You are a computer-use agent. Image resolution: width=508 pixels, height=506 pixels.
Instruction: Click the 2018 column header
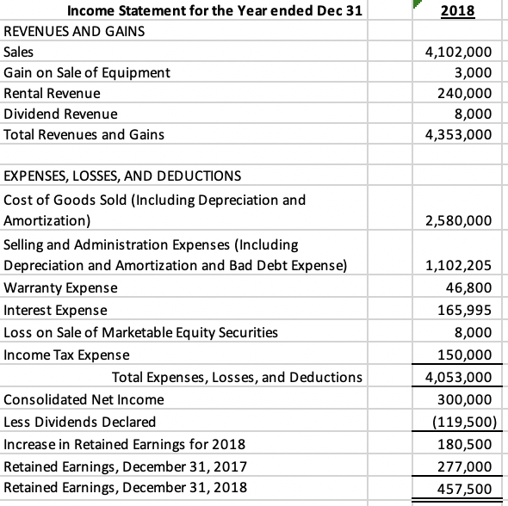tap(458, 11)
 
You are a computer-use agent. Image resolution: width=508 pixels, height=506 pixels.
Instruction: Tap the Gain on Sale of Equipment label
tap(87, 72)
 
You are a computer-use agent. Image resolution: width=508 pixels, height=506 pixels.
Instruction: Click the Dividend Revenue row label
tap(61, 114)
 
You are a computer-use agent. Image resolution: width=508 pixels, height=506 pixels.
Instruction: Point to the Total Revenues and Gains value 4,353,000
tap(459, 134)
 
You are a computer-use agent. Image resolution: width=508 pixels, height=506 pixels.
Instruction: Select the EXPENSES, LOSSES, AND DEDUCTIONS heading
tap(122, 177)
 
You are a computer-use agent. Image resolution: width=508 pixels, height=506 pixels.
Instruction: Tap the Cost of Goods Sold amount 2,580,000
tap(459, 221)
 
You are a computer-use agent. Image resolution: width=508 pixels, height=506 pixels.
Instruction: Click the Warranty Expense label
tap(61, 287)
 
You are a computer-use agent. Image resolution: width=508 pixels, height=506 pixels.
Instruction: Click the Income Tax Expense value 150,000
tap(466, 355)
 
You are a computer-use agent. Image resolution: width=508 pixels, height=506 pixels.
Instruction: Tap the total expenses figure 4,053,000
tap(459, 377)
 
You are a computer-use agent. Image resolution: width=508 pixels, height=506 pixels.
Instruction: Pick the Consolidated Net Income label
tap(84, 399)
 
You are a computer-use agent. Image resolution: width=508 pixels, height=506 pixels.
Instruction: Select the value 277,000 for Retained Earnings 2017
tap(466, 467)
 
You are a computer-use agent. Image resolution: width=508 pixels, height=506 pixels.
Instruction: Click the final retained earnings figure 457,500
tap(466, 489)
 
